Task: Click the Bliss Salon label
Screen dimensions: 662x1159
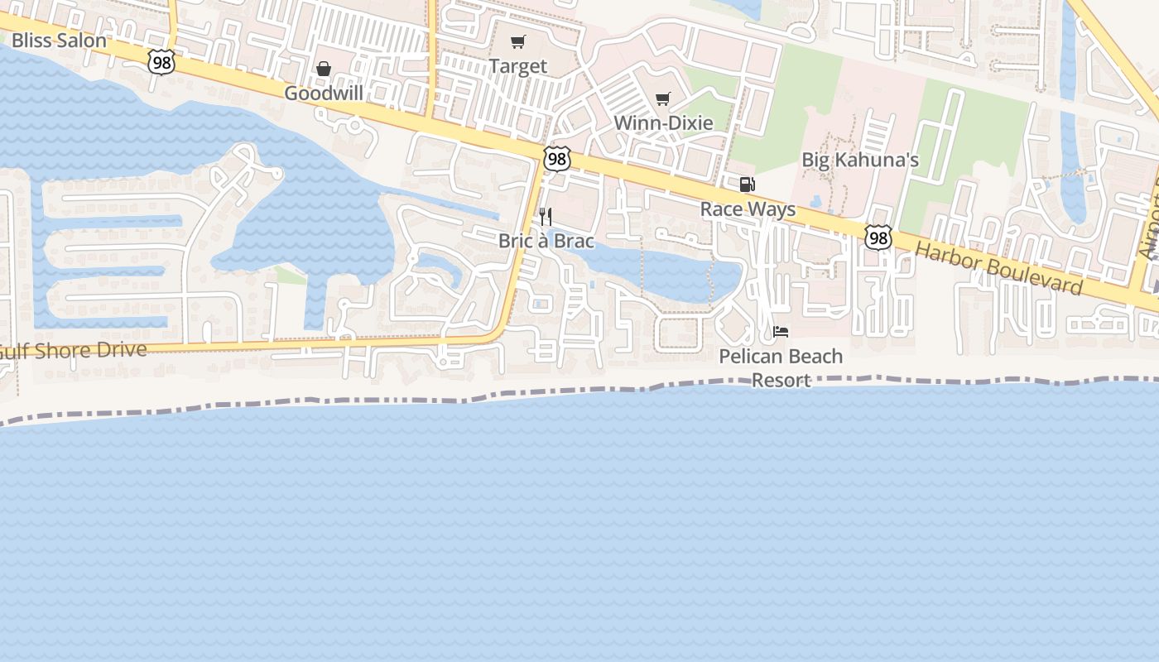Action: pos(59,41)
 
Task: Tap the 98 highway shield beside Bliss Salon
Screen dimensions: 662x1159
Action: pos(162,60)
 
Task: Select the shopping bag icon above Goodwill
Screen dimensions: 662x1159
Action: pos(324,69)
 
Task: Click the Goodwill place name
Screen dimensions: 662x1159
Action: pos(324,93)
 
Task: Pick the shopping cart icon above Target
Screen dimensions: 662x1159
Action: pos(518,42)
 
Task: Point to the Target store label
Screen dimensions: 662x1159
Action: pos(518,66)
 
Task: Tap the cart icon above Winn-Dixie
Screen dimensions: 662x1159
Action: pos(662,99)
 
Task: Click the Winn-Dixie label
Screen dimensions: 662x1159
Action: pos(663,123)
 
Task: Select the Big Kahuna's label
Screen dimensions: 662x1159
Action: pos(860,160)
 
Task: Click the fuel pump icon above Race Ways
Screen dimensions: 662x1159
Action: pos(748,185)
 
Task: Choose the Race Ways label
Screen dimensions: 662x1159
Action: pos(748,209)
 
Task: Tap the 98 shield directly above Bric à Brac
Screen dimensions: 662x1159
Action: pos(557,158)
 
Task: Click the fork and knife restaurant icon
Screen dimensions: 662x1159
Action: pos(546,217)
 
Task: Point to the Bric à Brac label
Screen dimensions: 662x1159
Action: pos(546,242)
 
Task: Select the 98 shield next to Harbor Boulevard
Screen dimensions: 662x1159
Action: pos(878,237)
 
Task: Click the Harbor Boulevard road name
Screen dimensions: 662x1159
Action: pos(999,268)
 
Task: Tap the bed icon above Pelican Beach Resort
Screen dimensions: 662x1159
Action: pos(781,332)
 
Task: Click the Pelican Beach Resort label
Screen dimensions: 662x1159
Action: pos(781,368)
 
